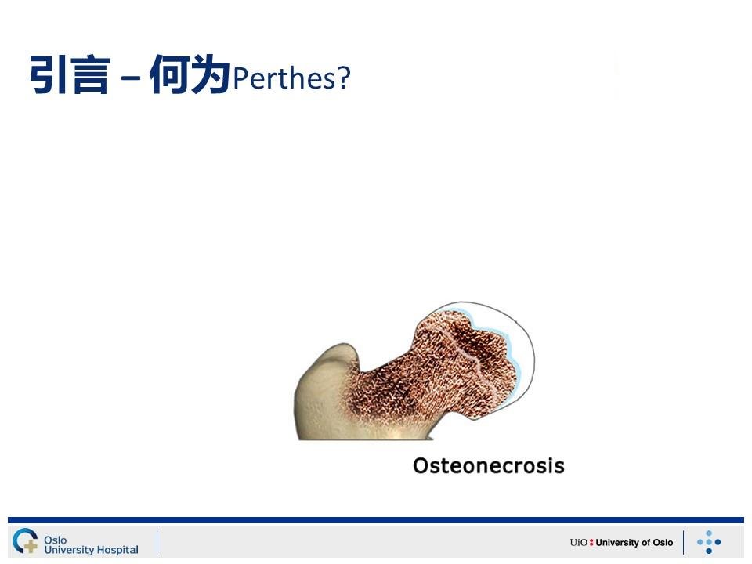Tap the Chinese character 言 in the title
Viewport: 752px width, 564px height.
coord(91,75)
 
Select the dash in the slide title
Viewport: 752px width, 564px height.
coord(131,77)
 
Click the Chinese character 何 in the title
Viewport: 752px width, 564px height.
coord(169,74)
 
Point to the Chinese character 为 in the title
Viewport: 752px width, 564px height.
coord(210,74)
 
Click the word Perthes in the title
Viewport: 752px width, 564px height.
coord(285,78)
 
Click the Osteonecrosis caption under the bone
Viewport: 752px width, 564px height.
coord(489,465)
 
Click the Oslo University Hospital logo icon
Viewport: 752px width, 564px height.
coord(25,540)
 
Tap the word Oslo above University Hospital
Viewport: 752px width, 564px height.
coord(55,540)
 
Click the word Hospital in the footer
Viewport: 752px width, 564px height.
coord(117,550)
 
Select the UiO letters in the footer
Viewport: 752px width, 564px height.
coord(578,542)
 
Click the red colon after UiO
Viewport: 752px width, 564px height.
coord(591,542)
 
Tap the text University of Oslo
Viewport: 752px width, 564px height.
coord(634,542)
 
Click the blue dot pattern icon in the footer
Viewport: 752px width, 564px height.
coord(709,542)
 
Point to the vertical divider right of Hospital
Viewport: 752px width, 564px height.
coord(157,542)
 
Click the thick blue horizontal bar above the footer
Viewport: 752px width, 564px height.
coord(376,520)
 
